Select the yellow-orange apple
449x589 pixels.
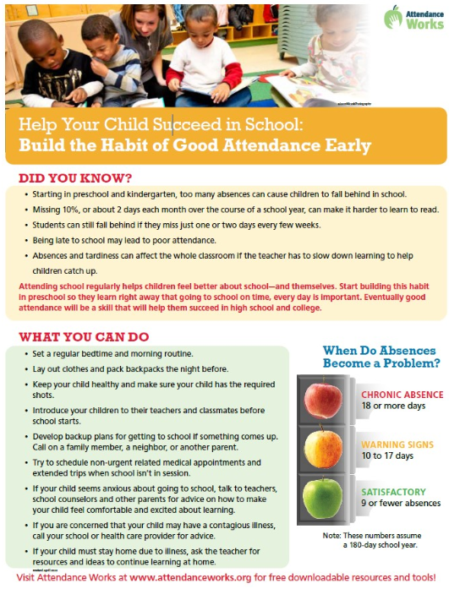tap(322, 448)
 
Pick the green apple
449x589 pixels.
tap(322, 497)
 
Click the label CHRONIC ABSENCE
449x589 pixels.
tap(402, 395)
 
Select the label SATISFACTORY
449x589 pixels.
tap(394, 491)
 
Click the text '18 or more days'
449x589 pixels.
tap(395, 406)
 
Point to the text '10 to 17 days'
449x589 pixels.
tap(388, 455)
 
